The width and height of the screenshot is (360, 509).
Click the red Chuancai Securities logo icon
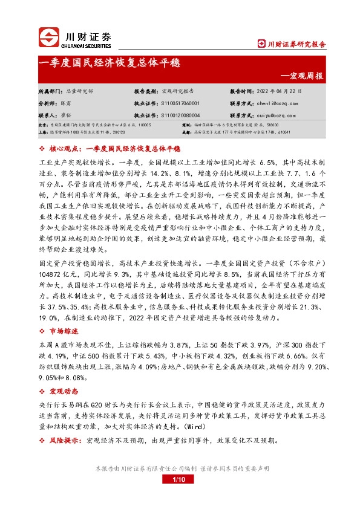point(50,38)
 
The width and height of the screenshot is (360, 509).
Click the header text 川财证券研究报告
point(296,44)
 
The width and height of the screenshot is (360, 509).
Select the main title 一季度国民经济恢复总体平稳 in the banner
point(109,62)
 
